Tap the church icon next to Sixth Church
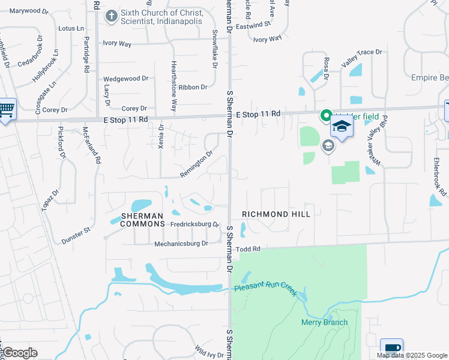pos(111,16)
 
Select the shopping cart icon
pos(6,109)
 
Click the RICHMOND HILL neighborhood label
pos(276,214)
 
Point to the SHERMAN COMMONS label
pos(142,220)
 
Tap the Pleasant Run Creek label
pos(265,289)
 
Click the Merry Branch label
pos(324,322)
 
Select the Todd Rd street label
pos(248,249)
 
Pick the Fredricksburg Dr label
pos(194,224)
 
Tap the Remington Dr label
pos(196,165)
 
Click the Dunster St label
pos(76,235)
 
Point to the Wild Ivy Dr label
pos(209,350)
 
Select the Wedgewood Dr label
pos(125,79)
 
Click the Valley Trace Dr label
pos(361,53)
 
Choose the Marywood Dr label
pos(29,11)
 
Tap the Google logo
pos(20,353)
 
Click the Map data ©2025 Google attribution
pos(412,355)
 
